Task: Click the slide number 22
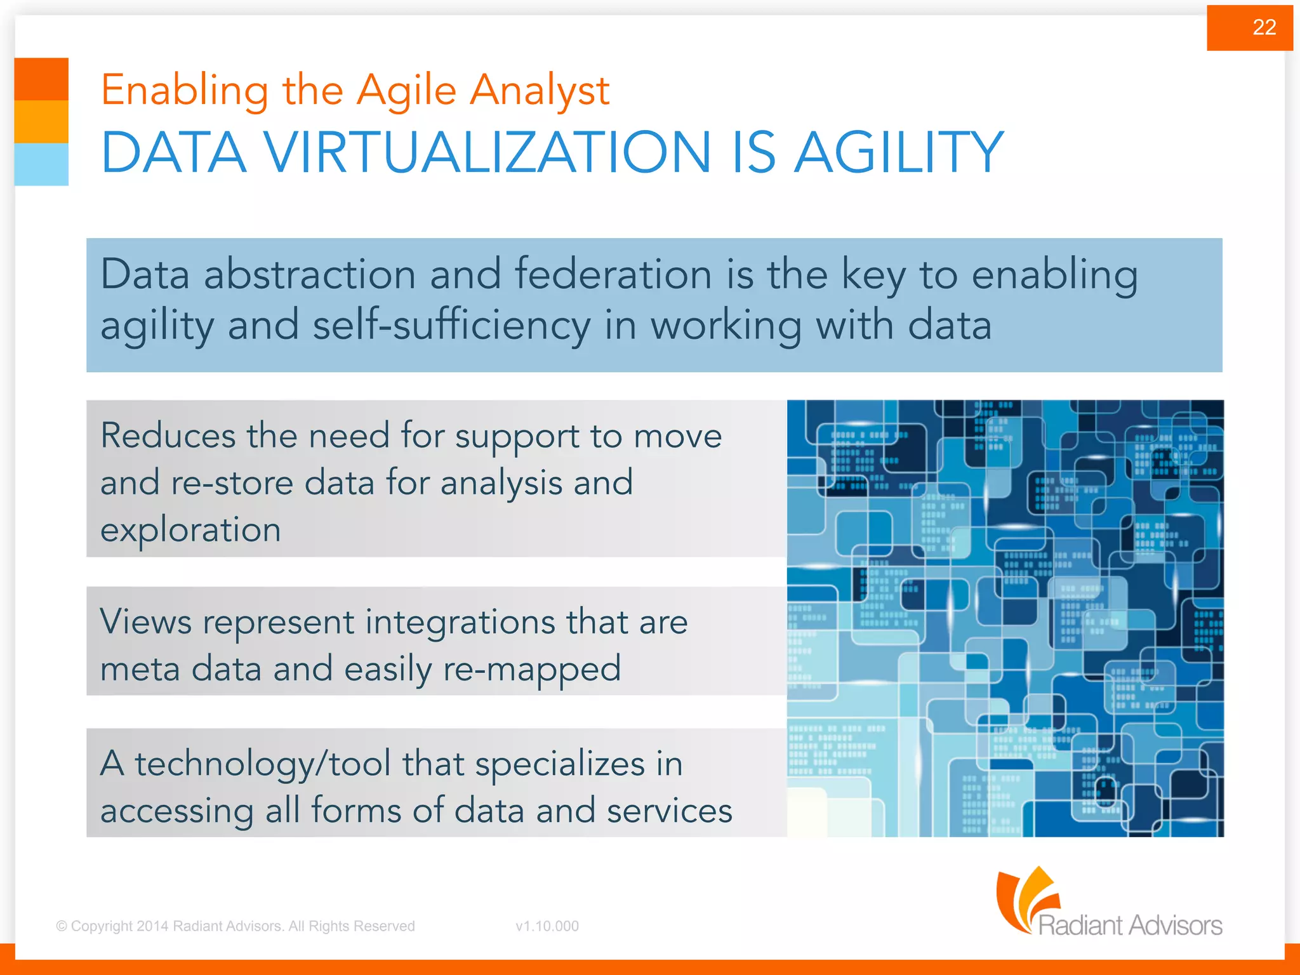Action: pyautogui.click(x=1264, y=27)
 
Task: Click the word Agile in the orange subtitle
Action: pyautogui.click(x=406, y=91)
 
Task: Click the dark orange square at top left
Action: pyautogui.click(x=41, y=79)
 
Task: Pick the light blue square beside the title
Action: pyautogui.click(x=41, y=164)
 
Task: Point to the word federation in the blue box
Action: pyautogui.click(x=613, y=275)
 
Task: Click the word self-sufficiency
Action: pyautogui.click(x=451, y=326)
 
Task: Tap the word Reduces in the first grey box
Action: pyautogui.click(x=168, y=436)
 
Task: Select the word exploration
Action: pyautogui.click(x=190, y=530)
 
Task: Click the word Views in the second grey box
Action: pyautogui.click(x=146, y=621)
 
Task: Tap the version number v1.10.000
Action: pyautogui.click(x=547, y=926)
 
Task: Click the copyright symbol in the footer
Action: pyautogui.click(x=62, y=926)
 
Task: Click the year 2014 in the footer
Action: pyautogui.click(x=152, y=926)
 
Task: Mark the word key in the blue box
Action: pyautogui.click(x=873, y=276)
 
